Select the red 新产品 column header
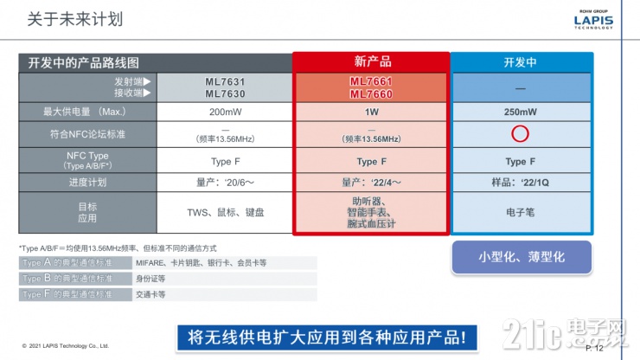pyautogui.click(x=372, y=62)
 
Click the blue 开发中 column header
pyautogui.click(x=521, y=62)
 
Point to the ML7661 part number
pyautogui.click(x=371, y=81)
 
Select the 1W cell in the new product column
pyautogui.click(x=371, y=112)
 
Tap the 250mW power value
pyautogui.click(x=521, y=112)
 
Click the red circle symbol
pyautogui.click(x=520, y=134)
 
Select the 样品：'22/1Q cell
pyautogui.click(x=521, y=182)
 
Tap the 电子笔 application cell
pyautogui.click(x=521, y=211)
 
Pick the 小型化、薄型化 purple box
pyautogui.click(x=522, y=257)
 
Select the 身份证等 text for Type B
pyautogui.click(x=150, y=279)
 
